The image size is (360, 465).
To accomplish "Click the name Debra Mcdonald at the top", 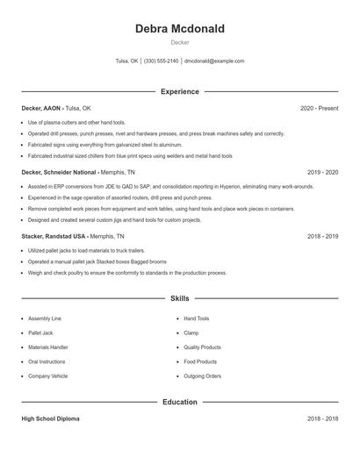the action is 179,29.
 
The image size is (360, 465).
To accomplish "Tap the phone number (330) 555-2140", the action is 161,61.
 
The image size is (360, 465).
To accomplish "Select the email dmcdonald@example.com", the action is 214,61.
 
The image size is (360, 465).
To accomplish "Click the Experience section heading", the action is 179,91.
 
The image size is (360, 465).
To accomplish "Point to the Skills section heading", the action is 179,298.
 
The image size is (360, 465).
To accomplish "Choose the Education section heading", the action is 179,402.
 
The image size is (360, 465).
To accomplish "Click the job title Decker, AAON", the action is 41,108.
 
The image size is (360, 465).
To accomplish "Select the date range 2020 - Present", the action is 319,108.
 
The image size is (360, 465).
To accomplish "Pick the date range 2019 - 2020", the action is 322,173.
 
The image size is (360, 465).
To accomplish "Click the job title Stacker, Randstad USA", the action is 54,237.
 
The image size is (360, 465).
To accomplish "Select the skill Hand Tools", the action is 196,318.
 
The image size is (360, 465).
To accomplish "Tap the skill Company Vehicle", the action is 47,376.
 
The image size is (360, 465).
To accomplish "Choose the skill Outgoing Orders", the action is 202,376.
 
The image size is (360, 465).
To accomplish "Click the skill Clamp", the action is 191,333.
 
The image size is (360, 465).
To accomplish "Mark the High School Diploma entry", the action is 50,418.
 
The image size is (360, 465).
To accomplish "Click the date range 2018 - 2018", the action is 322,418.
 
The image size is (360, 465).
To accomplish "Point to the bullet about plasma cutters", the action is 76,123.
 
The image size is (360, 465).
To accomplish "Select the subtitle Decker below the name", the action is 179,42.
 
